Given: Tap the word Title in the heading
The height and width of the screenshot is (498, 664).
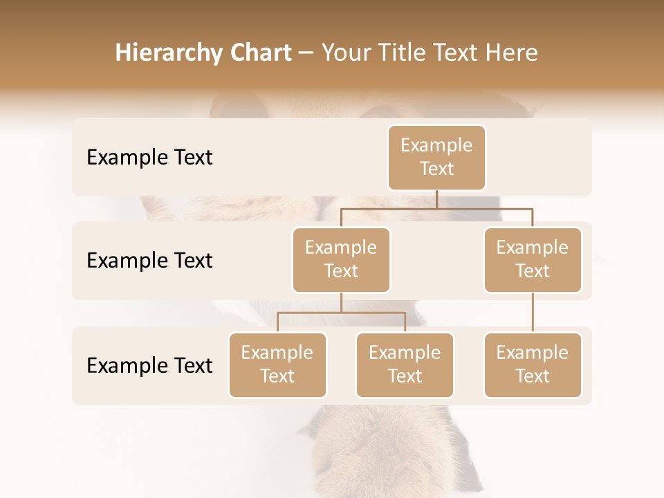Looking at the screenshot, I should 403,53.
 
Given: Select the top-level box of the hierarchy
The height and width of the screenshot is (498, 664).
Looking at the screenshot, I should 436,158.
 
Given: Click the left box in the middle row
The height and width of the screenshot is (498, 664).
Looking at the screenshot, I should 341,259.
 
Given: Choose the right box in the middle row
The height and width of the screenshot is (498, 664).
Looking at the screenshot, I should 533,259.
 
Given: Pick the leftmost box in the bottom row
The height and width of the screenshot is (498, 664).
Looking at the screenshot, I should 277,365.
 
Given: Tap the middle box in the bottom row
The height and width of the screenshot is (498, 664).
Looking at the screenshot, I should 405,365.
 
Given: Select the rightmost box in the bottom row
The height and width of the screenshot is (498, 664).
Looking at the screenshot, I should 533,365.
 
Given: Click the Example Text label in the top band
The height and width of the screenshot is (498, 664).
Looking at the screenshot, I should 149,158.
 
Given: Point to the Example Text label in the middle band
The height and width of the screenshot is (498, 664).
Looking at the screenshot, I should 149,260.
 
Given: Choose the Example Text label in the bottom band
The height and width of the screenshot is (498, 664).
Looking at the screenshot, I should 149,365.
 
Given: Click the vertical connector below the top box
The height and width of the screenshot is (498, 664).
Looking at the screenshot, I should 436,199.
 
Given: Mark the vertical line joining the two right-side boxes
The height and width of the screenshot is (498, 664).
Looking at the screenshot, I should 533,313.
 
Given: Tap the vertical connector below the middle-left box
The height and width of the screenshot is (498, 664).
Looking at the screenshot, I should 341,302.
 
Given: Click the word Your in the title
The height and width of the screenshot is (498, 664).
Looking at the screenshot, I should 345,53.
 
